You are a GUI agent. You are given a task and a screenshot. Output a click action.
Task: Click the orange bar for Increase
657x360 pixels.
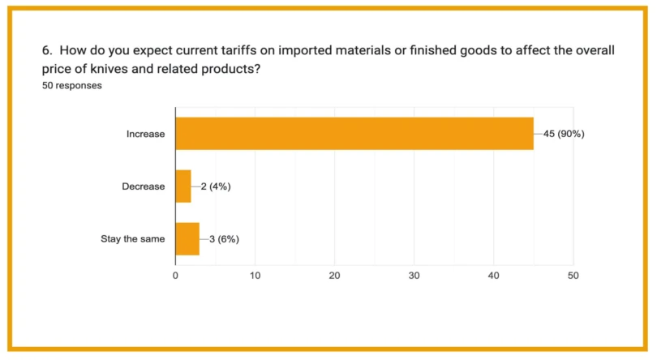(354, 134)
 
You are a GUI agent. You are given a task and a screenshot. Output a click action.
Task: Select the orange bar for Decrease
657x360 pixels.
(183, 186)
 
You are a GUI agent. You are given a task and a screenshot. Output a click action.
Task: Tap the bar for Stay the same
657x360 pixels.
(187, 238)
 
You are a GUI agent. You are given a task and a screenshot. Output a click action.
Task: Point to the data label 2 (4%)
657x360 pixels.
(216, 186)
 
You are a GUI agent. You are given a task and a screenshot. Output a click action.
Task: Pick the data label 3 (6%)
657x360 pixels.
(224, 238)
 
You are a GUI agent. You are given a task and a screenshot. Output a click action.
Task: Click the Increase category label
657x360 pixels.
(145, 134)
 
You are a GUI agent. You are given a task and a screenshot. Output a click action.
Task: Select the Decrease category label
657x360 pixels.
(143, 186)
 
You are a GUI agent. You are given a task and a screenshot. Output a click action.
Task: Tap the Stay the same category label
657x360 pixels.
(132, 238)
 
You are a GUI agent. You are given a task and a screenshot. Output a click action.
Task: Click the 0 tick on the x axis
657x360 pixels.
(175, 276)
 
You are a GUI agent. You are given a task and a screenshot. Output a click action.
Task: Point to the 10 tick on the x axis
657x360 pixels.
(255, 276)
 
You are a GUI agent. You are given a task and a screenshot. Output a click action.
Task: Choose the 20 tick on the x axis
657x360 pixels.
(334, 276)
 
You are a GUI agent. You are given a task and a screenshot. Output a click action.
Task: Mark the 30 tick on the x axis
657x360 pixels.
(414, 276)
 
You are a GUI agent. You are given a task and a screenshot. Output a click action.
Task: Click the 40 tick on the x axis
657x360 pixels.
(493, 276)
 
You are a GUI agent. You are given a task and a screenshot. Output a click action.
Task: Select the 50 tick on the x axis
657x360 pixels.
(573, 276)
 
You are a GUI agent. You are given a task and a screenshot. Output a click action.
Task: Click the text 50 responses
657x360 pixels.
(72, 86)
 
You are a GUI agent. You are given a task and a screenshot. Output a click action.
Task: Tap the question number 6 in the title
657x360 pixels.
(46, 51)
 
